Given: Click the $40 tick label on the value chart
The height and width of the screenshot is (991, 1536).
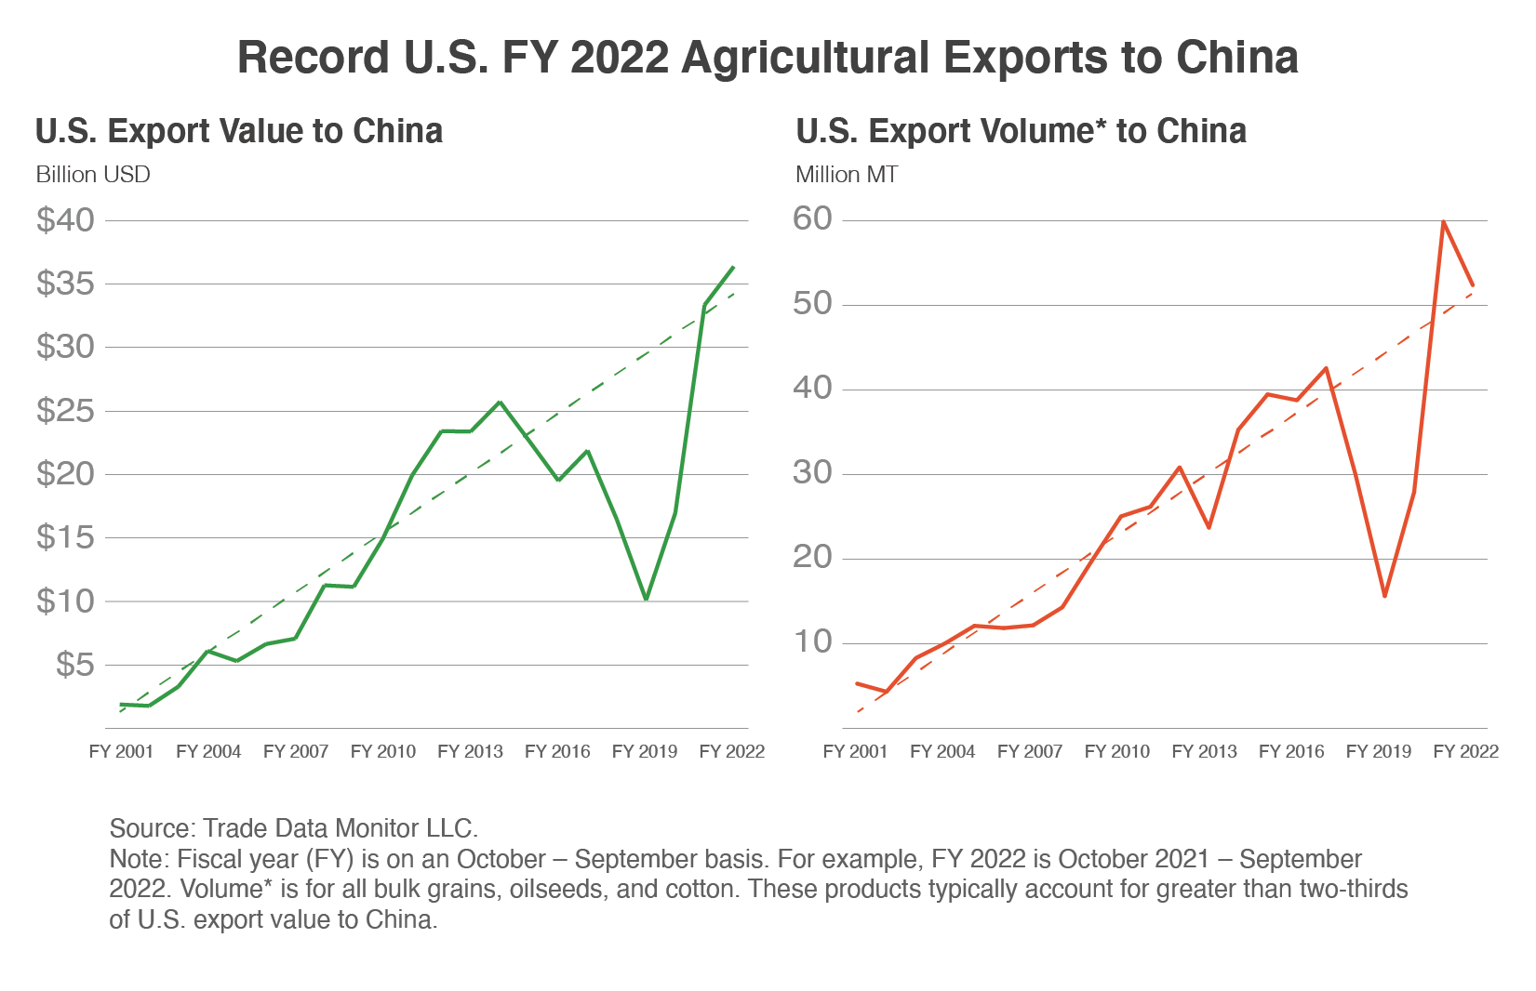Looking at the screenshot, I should [x=65, y=220].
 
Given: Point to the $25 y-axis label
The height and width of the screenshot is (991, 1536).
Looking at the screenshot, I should [x=65, y=411].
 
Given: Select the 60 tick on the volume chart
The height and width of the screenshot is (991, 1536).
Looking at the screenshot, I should [x=811, y=219].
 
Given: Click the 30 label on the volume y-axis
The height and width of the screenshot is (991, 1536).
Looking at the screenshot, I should [x=811, y=473].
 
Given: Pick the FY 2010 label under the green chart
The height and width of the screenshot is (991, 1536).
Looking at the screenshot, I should [x=382, y=752].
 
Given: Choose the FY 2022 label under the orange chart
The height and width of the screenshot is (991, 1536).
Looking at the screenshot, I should [x=1465, y=752].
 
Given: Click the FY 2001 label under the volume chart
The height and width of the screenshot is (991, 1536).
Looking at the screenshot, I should [x=855, y=752].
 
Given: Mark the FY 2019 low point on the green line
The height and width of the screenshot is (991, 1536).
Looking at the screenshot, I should [x=646, y=600].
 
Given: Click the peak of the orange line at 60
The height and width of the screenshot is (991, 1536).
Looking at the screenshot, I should [x=1442, y=221].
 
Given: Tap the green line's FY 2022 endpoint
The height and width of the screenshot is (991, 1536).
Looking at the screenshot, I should [x=733, y=267].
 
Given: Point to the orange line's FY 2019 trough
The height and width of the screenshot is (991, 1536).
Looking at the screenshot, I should [x=1384, y=596].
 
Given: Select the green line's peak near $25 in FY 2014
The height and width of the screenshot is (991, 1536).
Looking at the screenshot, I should [x=500, y=402].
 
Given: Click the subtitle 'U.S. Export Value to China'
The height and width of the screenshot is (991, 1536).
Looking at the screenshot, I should [x=239, y=131].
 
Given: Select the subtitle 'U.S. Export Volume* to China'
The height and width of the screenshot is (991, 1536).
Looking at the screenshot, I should [x=1021, y=131].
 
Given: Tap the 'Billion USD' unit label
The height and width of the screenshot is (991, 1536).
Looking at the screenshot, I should [x=93, y=175].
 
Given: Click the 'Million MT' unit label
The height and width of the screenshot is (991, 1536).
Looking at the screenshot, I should [x=847, y=175].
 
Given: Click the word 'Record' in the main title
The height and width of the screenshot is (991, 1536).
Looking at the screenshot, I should [x=312, y=58].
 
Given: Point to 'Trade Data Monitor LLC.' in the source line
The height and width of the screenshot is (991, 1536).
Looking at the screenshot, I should [x=341, y=827].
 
